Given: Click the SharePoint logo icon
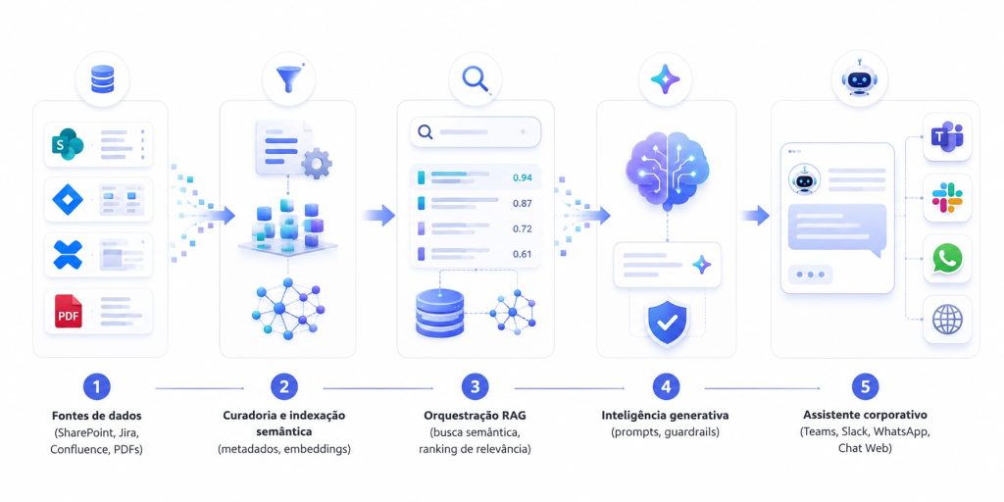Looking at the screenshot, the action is pos(68,144).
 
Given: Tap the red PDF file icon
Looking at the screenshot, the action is pos(68,311).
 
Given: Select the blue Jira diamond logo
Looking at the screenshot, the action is pos(68,200).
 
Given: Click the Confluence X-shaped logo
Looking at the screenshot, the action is pos(68,255).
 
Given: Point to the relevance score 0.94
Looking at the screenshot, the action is pos(523,178).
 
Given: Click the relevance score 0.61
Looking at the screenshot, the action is pos(523,254).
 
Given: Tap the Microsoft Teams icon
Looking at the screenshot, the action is pos(948,137).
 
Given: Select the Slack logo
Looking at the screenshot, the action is pos(948,197).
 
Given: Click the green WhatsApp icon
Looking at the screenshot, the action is pos(948,258).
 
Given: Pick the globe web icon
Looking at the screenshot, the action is pos(948,319).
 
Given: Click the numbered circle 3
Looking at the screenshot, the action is pos(475,386).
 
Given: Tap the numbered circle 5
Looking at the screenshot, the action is pos(865,386).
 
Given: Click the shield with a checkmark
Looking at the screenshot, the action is pos(667,323).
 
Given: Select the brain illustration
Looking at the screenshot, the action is pos(667,168).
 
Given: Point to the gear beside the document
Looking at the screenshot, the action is pos(317,163).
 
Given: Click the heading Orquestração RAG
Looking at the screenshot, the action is pos(476,415).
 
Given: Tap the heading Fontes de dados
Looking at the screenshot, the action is pos(97,415).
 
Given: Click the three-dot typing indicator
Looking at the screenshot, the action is pos(811,275).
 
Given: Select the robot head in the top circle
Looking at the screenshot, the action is pos(859,80).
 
